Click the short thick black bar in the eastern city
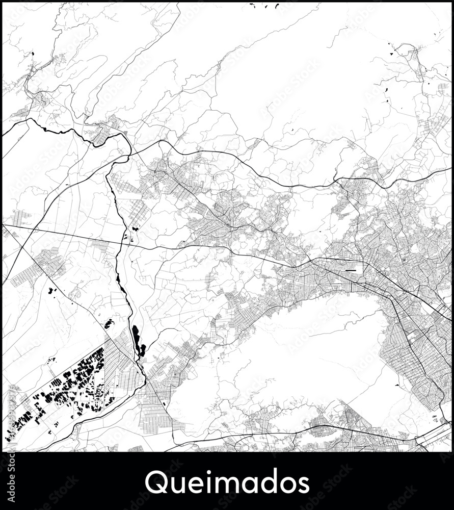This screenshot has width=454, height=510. click(x=351, y=270)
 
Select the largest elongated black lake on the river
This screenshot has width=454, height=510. click(x=136, y=337)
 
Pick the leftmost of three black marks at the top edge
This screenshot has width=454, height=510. click(x=252, y=5)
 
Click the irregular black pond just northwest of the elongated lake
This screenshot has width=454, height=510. click(x=108, y=323)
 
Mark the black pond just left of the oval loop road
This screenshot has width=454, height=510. click(x=393, y=50)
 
